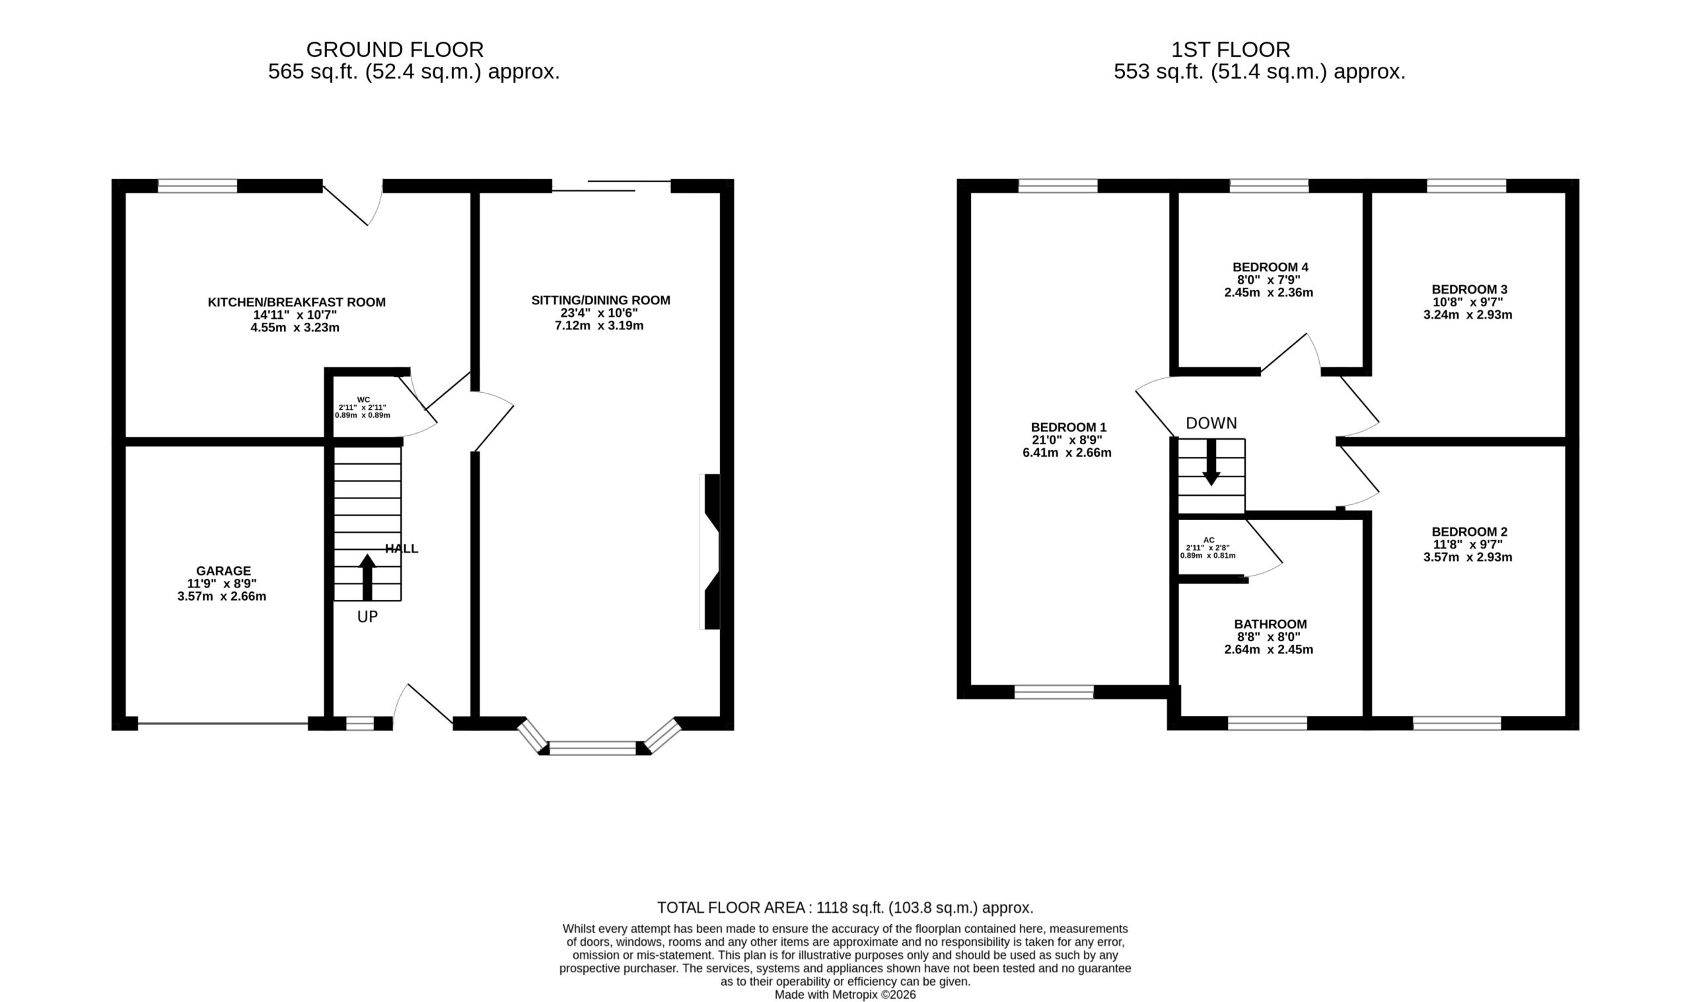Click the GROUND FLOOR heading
(394, 50)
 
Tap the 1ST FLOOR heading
(1230, 50)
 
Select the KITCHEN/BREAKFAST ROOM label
(297, 302)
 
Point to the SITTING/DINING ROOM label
(600, 300)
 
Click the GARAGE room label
(224, 571)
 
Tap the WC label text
(363, 400)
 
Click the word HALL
(402, 549)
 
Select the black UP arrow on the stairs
(367, 578)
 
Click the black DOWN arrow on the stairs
(1211, 462)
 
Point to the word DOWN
(1211, 423)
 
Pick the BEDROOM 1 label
(1068, 428)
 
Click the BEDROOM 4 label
(1270, 267)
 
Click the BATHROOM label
(1270, 624)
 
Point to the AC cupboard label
(1209, 540)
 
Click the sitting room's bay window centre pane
(593, 748)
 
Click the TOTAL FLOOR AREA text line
(845, 908)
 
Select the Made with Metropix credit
(845, 995)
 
